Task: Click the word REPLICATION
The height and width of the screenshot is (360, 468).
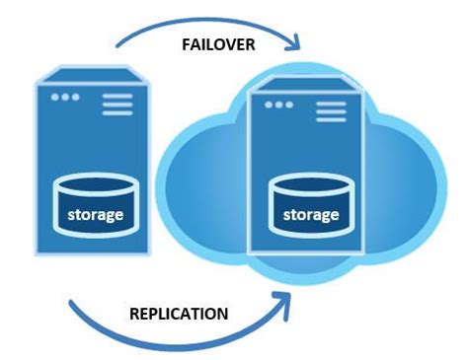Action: [179, 314]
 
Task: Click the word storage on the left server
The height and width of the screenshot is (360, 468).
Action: [96, 214]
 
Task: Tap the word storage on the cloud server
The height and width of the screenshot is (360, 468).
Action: [311, 214]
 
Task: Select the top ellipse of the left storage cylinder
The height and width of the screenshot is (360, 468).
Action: [96, 186]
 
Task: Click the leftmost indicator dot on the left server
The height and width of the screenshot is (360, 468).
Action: [55, 98]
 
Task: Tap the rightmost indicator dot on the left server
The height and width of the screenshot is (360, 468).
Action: [76, 98]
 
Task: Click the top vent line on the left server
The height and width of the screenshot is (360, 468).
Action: [117, 95]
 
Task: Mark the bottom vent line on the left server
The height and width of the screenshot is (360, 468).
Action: [117, 112]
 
